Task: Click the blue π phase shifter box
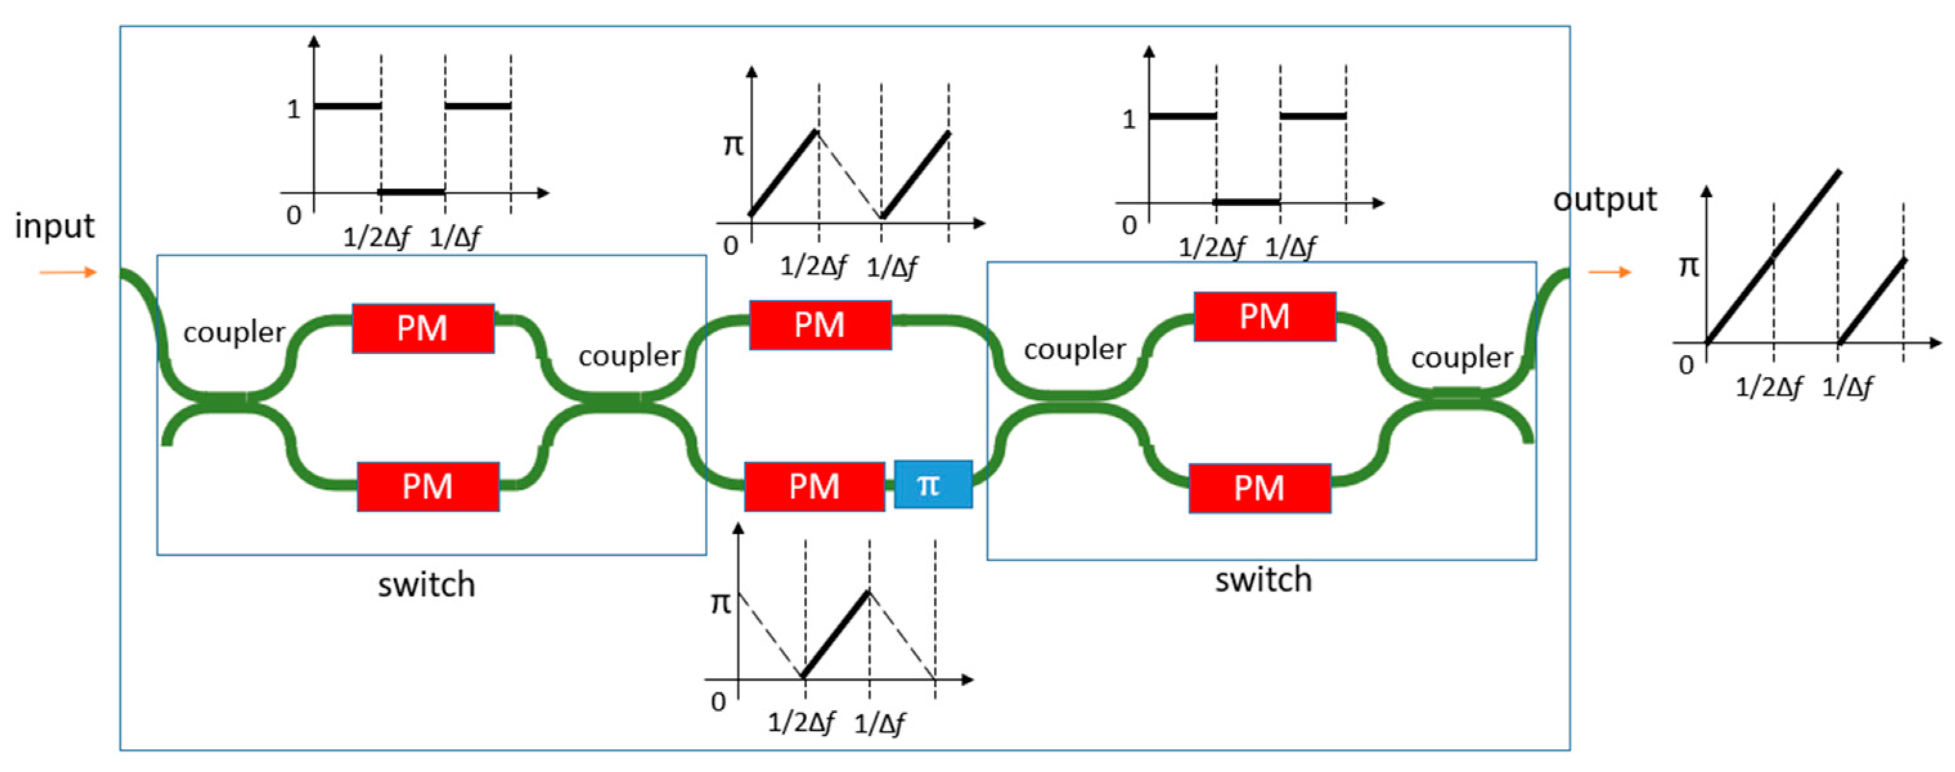click(932, 484)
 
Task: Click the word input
click(55, 226)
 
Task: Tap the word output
click(1605, 199)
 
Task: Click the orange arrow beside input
click(68, 271)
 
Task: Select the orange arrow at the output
click(1610, 271)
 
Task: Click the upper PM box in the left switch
click(423, 328)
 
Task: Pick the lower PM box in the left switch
click(428, 486)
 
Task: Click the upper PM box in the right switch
click(1264, 317)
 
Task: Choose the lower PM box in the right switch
click(1260, 488)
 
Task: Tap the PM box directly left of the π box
click(814, 486)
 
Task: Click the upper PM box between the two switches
click(820, 325)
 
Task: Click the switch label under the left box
click(426, 585)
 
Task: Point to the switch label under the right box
click(1263, 580)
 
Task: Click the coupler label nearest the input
click(233, 333)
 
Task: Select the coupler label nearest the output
click(1461, 358)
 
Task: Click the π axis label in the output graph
click(1689, 266)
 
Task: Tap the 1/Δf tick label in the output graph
click(1846, 387)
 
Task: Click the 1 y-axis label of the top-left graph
click(294, 109)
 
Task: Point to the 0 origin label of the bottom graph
click(718, 701)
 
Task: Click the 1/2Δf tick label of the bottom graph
click(801, 722)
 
